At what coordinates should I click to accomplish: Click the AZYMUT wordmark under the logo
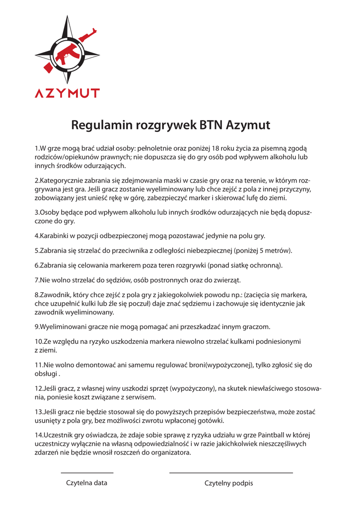[67, 93]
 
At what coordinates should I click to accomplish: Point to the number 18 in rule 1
[216, 148]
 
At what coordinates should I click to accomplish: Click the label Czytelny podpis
[229, 483]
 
